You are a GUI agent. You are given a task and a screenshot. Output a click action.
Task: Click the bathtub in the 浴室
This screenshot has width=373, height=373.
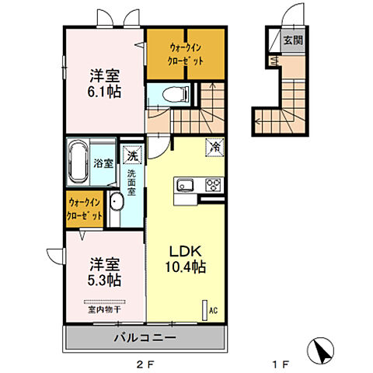[78, 162]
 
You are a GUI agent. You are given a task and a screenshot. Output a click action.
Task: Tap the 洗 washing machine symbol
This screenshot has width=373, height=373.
[132, 155]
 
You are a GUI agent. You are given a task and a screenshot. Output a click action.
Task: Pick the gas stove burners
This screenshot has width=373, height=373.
[212, 185]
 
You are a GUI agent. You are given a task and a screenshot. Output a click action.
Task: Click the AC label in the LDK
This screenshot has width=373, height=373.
[211, 310]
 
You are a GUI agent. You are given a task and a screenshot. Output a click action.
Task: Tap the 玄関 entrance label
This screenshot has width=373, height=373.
[292, 40]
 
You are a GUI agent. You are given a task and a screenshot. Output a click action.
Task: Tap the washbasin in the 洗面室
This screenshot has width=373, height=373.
[116, 204]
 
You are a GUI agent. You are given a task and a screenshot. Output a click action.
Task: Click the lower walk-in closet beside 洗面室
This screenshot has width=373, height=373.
[85, 209]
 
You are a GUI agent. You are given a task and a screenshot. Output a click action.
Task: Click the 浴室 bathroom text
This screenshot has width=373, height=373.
[104, 163]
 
